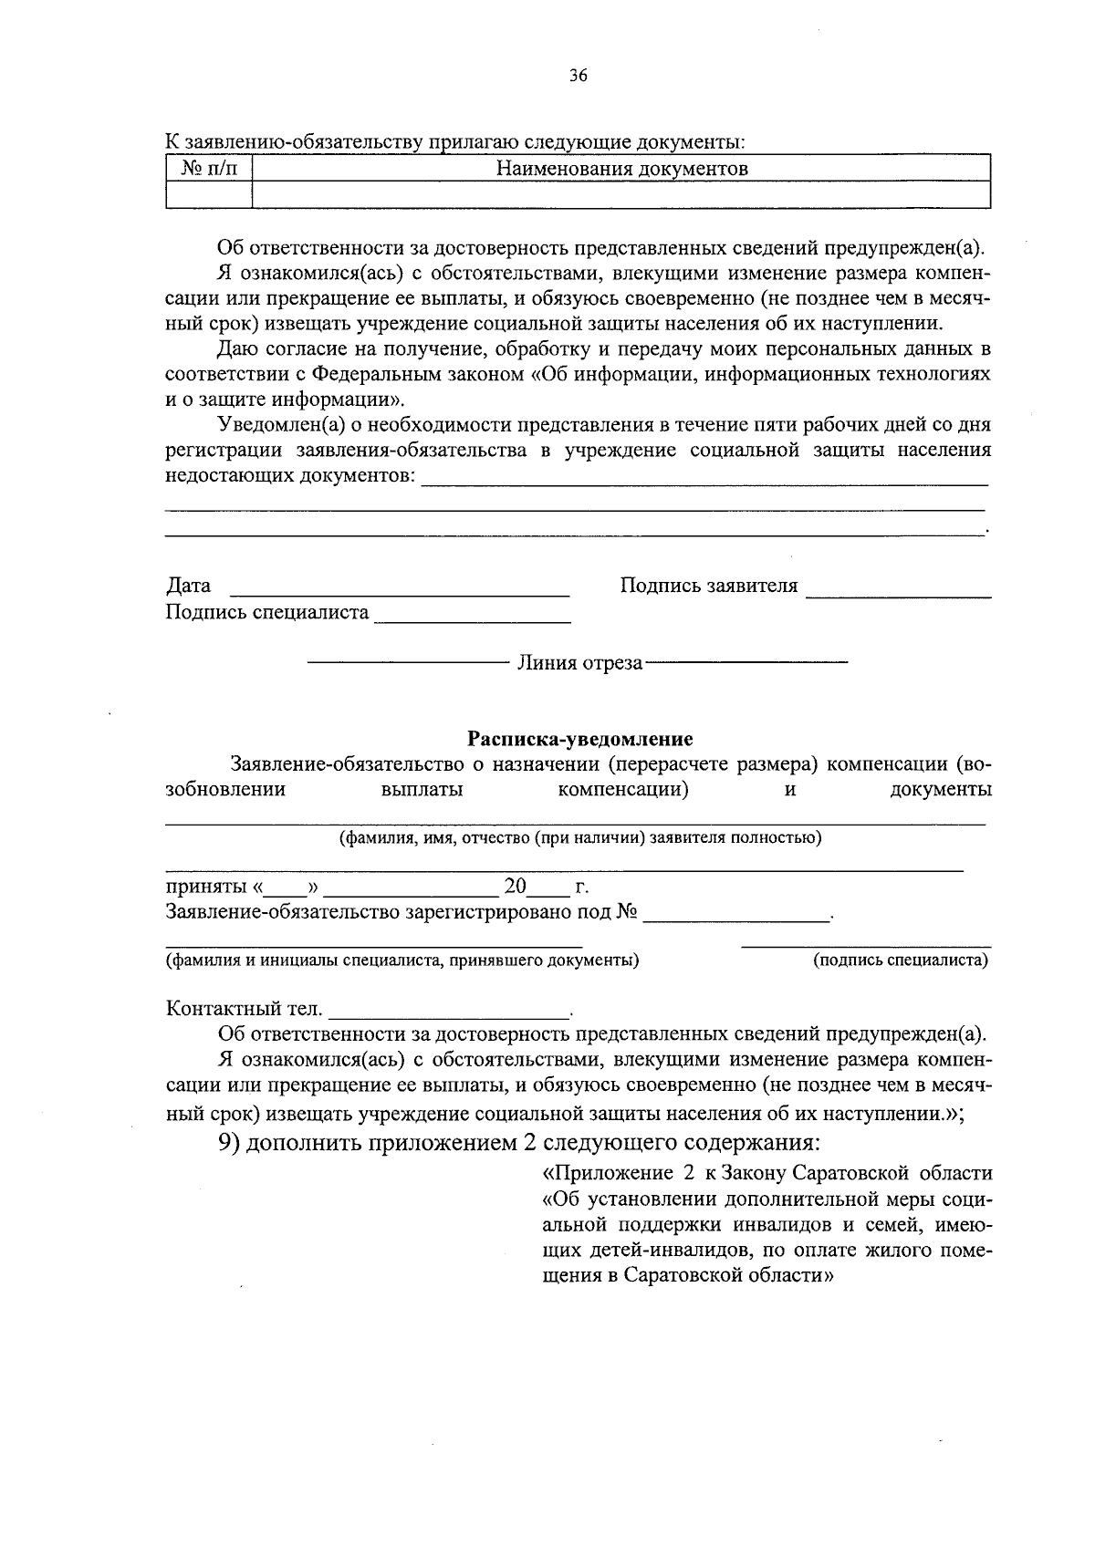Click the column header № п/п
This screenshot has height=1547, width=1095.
click(208, 168)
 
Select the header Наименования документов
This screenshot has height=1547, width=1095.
click(621, 169)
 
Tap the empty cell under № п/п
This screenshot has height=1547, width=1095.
click(208, 194)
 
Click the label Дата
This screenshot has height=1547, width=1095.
click(188, 586)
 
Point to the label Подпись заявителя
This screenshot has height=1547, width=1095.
click(708, 586)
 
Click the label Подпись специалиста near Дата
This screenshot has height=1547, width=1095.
click(266, 612)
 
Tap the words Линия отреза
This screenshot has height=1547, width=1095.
click(579, 663)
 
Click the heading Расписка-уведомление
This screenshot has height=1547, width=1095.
click(579, 739)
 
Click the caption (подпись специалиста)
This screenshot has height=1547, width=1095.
click(900, 960)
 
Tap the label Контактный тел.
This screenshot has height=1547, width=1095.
click(244, 1009)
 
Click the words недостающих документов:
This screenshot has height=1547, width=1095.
click(289, 476)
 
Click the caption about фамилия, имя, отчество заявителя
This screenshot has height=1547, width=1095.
click(580, 838)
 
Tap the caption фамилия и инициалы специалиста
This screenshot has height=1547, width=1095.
click(401, 960)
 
